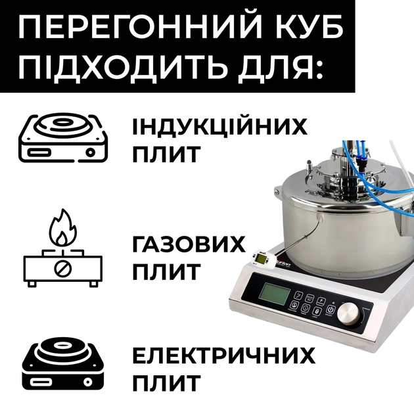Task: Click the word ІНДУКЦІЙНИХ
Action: (x=219, y=126)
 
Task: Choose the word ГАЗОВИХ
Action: (x=189, y=244)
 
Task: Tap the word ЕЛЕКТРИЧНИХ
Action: (x=223, y=356)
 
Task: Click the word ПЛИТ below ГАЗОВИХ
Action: (x=166, y=271)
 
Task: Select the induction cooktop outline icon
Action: (x=63, y=137)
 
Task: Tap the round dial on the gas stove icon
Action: (x=63, y=269)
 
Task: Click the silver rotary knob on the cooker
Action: (x=349, y=314)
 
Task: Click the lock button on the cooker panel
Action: (x=317, y=311)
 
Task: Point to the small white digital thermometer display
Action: (x=262, y=258)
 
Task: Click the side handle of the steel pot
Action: (x=276, y=189)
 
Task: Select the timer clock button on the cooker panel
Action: (x=306, y=308)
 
